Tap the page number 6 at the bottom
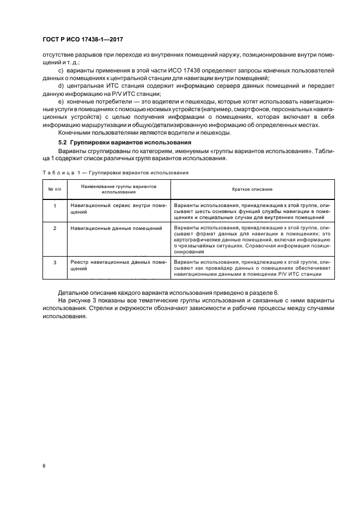click(45, 466)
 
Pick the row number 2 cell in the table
click(54, 228)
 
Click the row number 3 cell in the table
click(54, 263)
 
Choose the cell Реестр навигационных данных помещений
click(118, 265)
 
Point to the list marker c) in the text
click(60, 71)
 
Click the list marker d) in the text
click(60, 86)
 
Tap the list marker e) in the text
click(60, 102)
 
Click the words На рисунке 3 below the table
click(75, 301)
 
